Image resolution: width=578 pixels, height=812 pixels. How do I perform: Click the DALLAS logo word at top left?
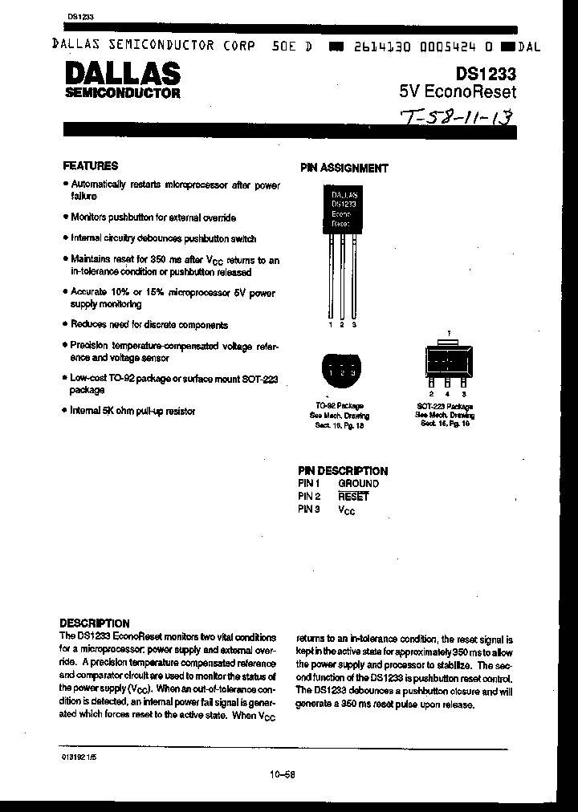121,74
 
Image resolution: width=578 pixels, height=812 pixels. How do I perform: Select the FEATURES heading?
91,166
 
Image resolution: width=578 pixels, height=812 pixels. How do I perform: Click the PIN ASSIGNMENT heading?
344,168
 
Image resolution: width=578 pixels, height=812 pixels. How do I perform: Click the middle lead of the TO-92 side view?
343,277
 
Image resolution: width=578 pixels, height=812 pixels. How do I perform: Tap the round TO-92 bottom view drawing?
340,371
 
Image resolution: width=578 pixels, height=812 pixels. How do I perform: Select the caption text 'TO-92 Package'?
340,406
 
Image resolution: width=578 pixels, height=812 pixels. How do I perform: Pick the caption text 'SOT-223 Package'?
446,406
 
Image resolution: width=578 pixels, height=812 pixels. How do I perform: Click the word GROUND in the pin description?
358,484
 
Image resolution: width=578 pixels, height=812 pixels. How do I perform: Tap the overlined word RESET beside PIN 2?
353,497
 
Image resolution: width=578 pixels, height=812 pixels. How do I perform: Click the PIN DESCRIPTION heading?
342,471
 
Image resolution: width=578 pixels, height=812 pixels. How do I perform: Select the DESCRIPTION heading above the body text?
95,623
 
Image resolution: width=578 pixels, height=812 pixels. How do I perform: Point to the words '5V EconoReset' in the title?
458,91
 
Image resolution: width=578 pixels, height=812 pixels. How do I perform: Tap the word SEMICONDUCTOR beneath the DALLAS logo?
122,93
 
